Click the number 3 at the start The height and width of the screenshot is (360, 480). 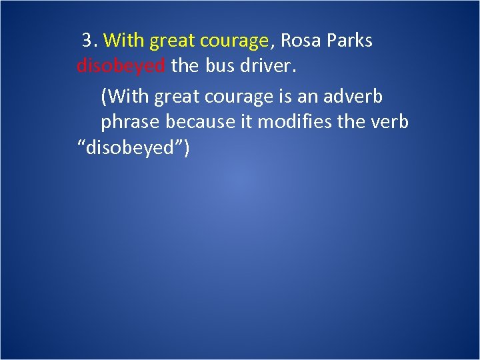point(87,41)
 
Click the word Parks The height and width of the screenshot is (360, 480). point(351,41)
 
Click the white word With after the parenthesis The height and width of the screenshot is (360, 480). point(126,97)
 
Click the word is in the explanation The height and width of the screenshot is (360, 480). point(281,97)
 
